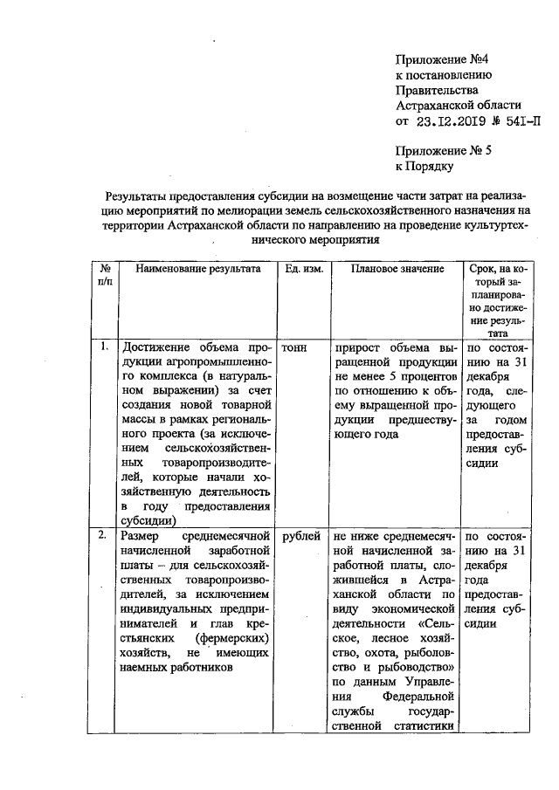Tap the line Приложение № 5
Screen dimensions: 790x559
coord(444,149)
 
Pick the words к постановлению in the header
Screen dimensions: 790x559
coord(440,75)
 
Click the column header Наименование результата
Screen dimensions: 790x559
coord(198,270)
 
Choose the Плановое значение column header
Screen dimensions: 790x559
coord(397,270)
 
